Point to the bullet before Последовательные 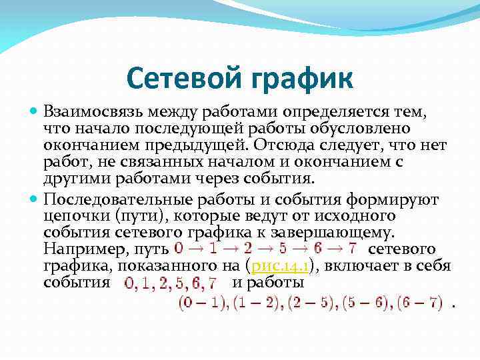click(34, 197)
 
